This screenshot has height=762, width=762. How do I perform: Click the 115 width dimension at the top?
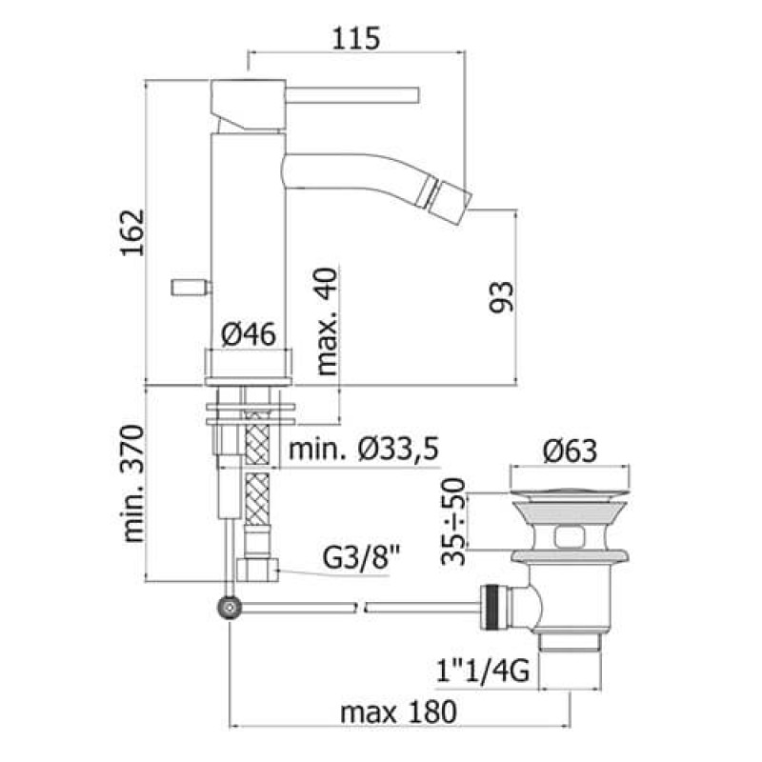tap(355, 38)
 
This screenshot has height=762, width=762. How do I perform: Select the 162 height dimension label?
tap(132, 232)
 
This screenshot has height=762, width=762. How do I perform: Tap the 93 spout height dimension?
tap(501, 297)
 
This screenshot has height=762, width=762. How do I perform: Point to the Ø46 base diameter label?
tap(249, 334)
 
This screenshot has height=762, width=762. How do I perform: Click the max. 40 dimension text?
tap(327, 321)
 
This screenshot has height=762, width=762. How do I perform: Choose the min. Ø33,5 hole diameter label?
tap(364, 449)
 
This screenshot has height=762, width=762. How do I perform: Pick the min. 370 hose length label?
tap(133, 484)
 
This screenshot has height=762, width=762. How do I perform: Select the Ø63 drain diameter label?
tap(570, 451)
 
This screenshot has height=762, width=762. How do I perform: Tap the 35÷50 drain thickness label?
tap(453, 522)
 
